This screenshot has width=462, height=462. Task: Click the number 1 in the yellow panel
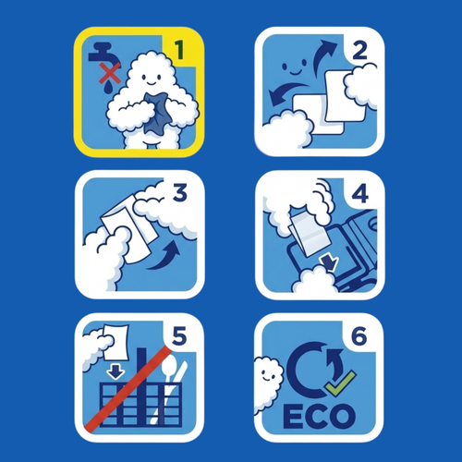click(x=178, y=50)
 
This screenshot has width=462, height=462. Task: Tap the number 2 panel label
click(x=359, y=50)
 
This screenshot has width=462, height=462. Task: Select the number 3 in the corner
click(x=180, y=193)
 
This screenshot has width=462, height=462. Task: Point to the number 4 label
click(x=360, y=193)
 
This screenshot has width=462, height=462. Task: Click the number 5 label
click(x=179, y=335)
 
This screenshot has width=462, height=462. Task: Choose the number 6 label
click(x=359, y=335)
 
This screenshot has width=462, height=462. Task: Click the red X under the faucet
click(x=110, y=74)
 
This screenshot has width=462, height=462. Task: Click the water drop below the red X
click(x=108, y=88)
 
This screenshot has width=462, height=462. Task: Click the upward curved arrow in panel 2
click(x=322, y=56)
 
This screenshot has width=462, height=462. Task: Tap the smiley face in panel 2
click(x=294, y=67)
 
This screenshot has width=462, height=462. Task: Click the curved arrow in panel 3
click(x=164, y=256)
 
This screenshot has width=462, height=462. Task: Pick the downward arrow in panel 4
click(x=329, y=262)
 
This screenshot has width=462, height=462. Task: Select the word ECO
click(x=319, y=416)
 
